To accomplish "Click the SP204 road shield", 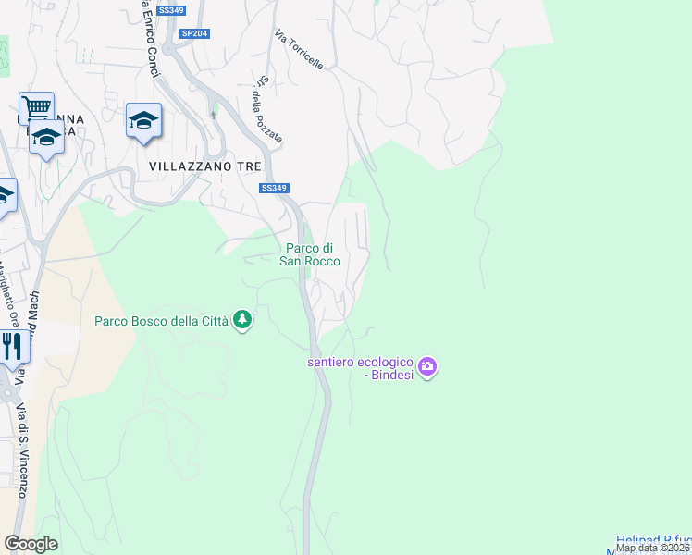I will click(x=195, y=33).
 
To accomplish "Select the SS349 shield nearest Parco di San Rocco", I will click(x=272, y=188).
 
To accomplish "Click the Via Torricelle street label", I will click(x=298, y=50).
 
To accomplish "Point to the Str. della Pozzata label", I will click(x=267, y=109).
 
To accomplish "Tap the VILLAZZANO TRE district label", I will click(x=205, y=166).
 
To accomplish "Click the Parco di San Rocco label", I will click(x=311, y=254).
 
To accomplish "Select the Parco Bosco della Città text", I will click(x=162, y=322).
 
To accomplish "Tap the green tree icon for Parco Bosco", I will click(x=242, y=320).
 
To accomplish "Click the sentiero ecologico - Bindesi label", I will click(x=361, y=368).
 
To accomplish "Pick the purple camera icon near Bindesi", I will click(x=426, y=367).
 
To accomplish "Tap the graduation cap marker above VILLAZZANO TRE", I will click(x=143, y=120).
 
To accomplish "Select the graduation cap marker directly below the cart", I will click(x=44, y=138).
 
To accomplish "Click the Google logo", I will click(x=31, y=544).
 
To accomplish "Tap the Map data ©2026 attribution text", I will click(x=653, y=548).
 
